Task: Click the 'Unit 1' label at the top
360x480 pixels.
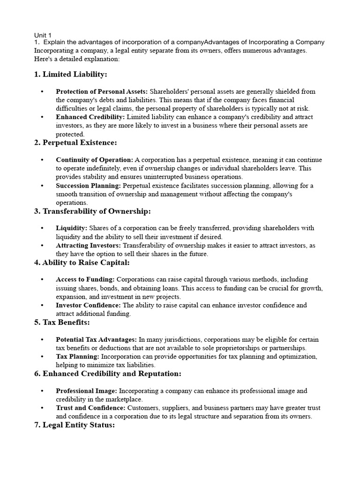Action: point(43,35)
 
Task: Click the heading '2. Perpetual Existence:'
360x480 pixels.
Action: point(75,142)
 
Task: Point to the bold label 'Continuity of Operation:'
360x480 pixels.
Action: point(94,160)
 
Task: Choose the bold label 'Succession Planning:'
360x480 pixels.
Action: point(88,186)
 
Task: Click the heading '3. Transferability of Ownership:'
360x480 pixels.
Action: point(92,211)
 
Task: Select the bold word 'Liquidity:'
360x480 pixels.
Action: point(71,228)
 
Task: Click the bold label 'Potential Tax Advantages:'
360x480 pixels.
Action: point(97,339)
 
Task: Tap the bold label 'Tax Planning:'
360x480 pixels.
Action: point(77,357)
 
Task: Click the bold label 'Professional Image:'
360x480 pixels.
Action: point(87,390)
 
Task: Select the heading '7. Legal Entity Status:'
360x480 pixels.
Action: point(74,425)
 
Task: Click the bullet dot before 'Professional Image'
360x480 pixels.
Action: point(43,391)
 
